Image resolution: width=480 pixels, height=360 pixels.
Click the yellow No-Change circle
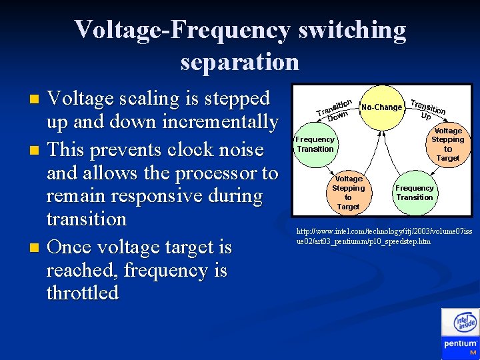point(381,107)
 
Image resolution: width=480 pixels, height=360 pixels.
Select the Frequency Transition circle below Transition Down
point(315,144)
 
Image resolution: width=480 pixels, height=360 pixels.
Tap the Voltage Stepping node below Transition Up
point(447,145)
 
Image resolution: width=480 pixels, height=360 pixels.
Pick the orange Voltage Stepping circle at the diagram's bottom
point(348,192)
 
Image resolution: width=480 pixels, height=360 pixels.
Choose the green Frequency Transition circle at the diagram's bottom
point(414,192)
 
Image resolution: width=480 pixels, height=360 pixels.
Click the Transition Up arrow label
point(427,108)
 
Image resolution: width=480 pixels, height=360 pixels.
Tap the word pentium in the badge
point(460,344)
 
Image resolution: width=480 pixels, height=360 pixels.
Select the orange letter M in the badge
point(473,352)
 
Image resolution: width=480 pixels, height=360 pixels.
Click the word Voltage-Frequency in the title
point(182,30)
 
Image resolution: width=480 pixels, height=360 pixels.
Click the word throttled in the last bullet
point(83,293)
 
